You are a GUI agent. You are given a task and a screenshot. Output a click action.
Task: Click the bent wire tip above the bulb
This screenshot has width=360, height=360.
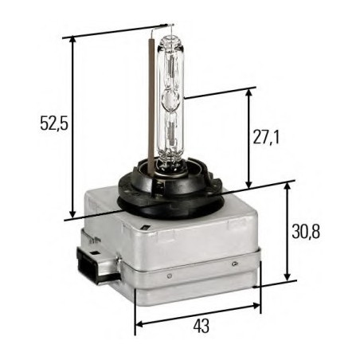(x=154, y=29)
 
